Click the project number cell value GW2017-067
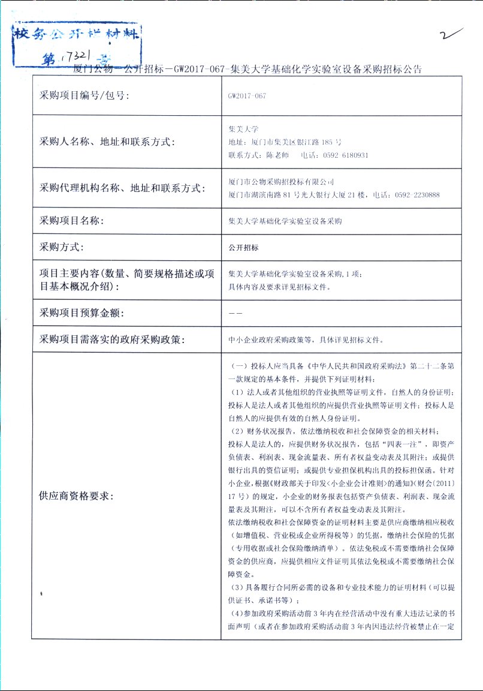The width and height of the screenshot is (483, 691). click(247, 95)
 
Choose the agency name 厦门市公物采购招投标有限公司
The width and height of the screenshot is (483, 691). click(281, 182)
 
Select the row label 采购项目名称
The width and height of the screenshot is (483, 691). click(71, 221)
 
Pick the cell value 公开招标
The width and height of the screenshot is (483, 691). click(243, 247)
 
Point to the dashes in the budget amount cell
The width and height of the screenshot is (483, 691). click(235, 313)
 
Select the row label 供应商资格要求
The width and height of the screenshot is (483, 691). click(76, 496)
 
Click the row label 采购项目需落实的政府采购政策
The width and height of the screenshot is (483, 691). click(112, 340)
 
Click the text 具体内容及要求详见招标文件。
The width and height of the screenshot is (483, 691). click(279, 287)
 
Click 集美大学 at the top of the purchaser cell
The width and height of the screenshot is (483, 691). click(243, 129)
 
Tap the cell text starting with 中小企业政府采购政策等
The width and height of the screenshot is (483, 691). click(306, 340)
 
